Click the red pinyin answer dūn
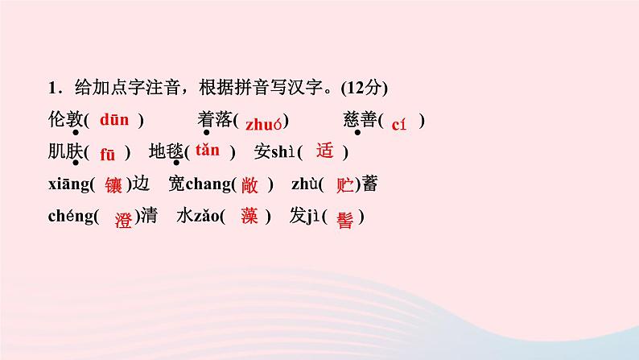(x=114, y=120)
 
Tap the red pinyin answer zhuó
(x=263, y=123)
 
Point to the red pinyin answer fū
(x=108, y=153)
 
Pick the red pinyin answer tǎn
(x=207, y=150)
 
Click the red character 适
(x=324, y=151)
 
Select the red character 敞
(x=249, y=184)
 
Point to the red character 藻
(x=250, y=217)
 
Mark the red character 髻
(x=345, y=219)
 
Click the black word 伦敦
(x=65, y=120)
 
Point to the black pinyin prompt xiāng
(x=68, y=184)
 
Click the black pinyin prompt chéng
(x=71, y=217)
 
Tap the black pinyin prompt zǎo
(x=207, y=217)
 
